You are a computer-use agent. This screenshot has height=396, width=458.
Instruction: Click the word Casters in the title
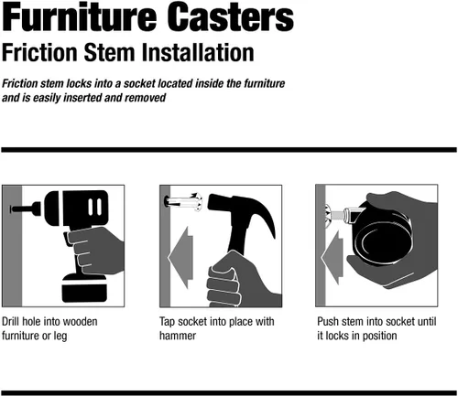(231, 16)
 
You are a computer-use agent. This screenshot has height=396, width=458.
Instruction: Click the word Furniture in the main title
(80, 16)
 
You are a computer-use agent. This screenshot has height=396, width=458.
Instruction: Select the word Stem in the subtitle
(109, 52)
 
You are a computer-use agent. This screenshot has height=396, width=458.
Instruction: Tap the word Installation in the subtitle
(198, 52)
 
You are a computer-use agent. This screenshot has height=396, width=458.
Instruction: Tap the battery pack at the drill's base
(84, 288)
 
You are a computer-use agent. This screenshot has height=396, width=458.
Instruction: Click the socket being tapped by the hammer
(183, 202)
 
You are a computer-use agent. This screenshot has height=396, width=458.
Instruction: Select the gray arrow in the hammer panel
(180, 258)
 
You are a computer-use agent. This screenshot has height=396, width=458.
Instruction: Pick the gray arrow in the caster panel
(333, 258)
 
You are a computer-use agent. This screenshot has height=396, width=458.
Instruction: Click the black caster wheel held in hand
(382, 234)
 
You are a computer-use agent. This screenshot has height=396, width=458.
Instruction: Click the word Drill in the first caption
(11, 321)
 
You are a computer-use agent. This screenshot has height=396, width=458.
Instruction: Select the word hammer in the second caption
(178, 336)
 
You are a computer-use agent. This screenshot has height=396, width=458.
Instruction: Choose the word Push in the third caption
(328, 321)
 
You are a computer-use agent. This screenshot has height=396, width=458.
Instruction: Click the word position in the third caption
(380, 336)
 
